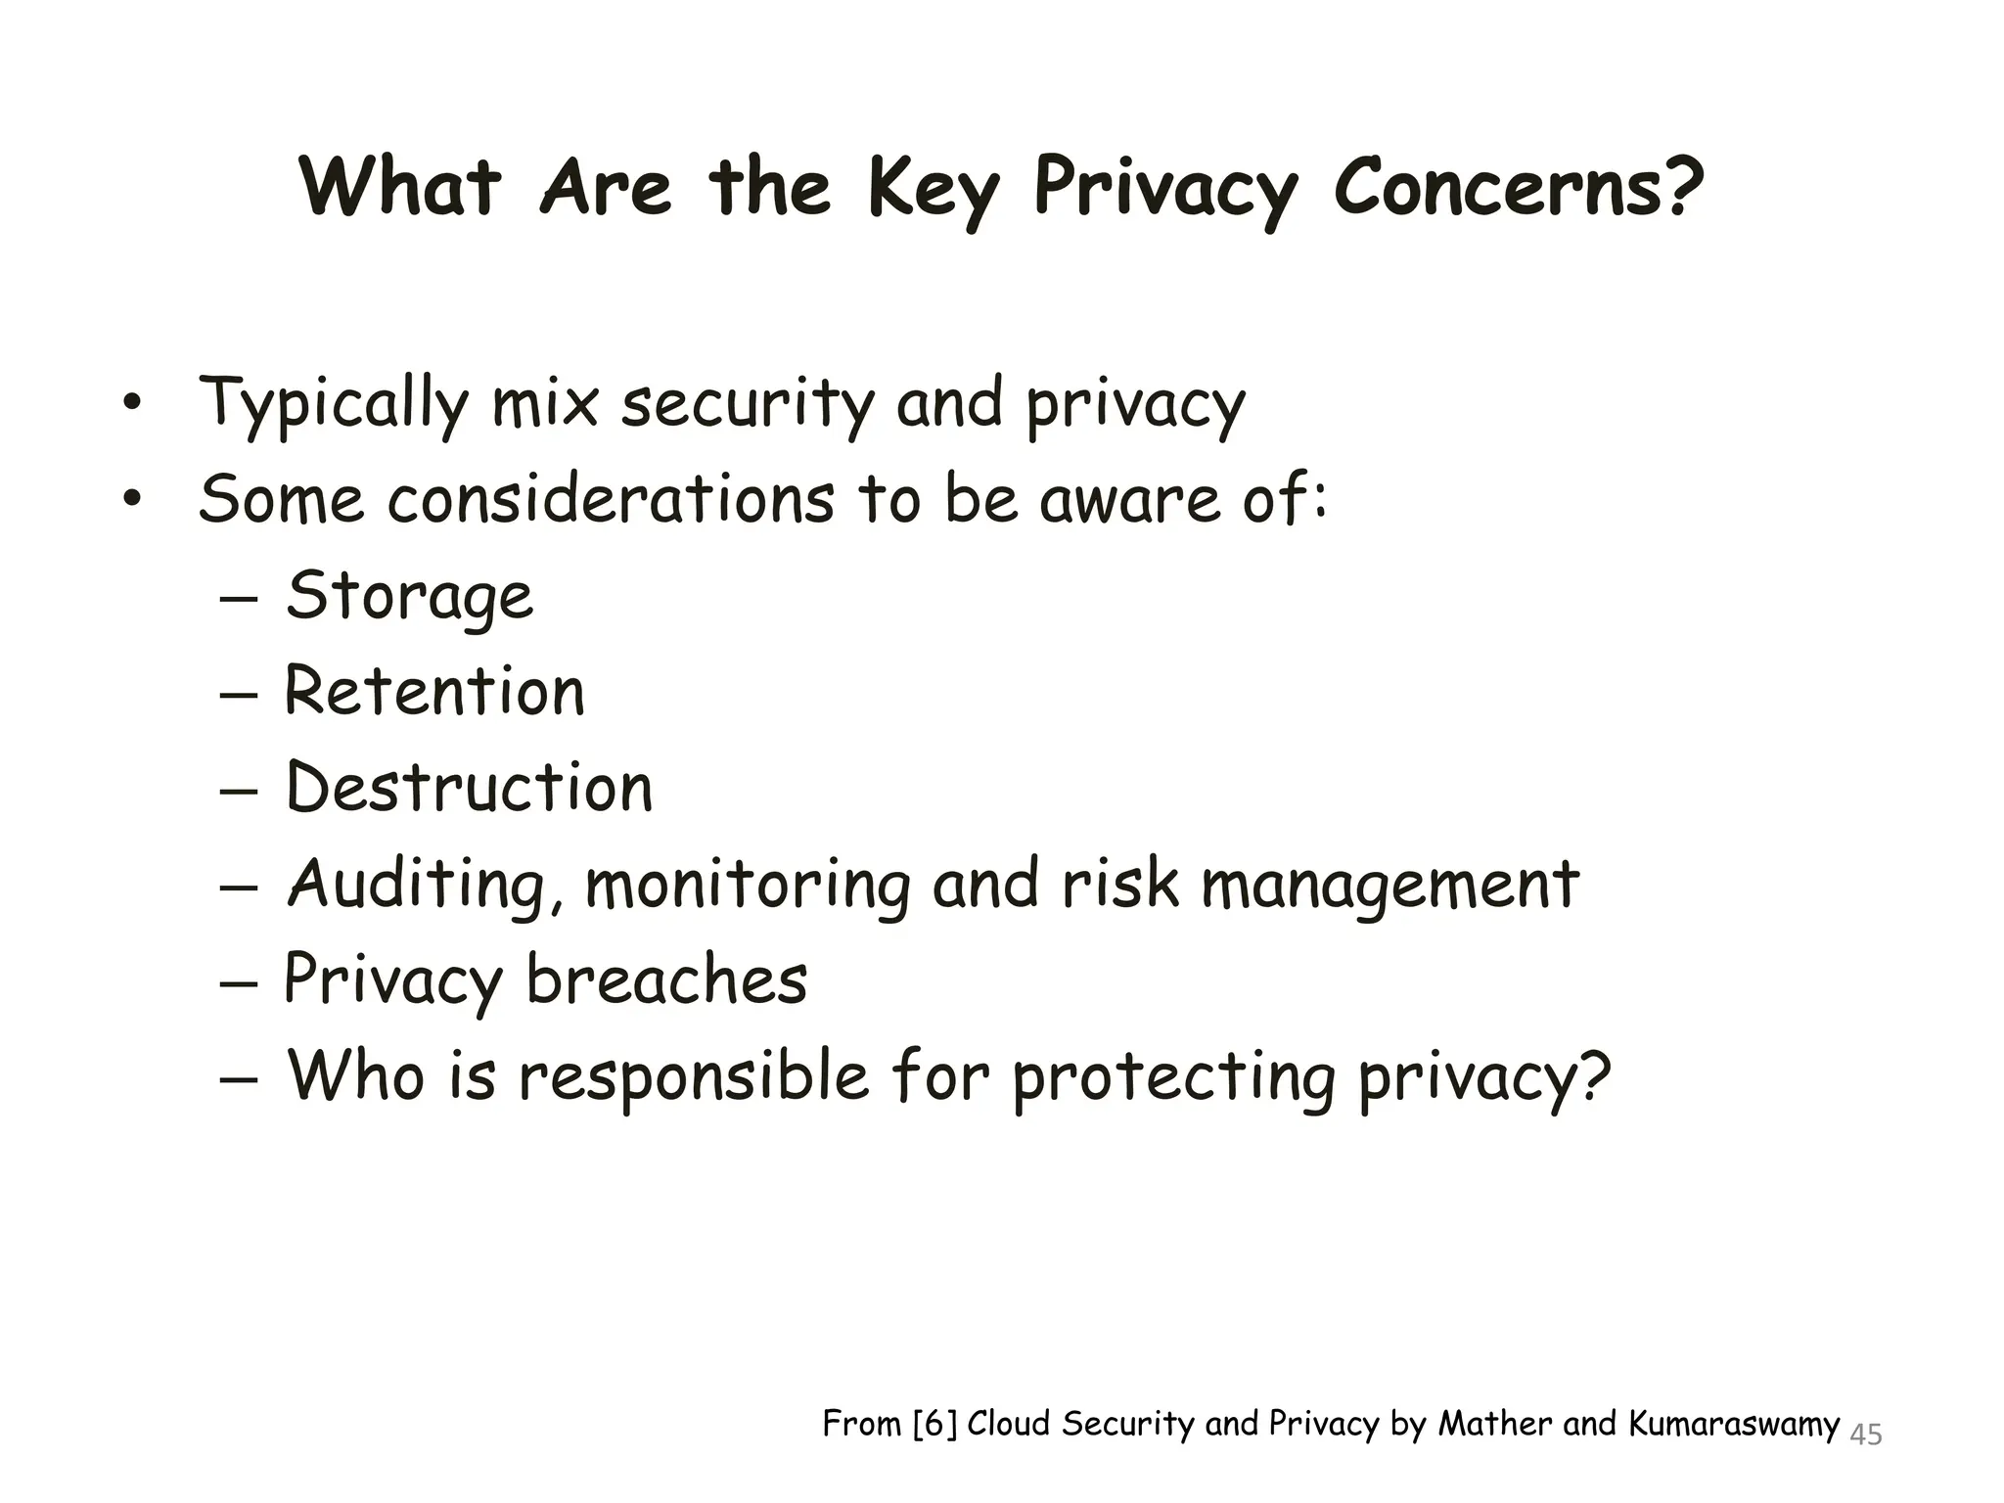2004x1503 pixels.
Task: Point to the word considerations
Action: (611, 498)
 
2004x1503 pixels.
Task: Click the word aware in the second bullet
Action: (1129, 498)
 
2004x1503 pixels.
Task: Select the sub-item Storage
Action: (410, 596)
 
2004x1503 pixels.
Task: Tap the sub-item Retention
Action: (434, 691)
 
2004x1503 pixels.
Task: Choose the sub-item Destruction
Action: (469, 787)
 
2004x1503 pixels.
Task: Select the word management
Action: (1389, 885)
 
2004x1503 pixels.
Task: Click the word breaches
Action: (666, 979)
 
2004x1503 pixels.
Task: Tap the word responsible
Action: (693, 1076)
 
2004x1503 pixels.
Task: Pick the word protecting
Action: (1173, 1076)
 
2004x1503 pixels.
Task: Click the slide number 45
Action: (1866, 1435)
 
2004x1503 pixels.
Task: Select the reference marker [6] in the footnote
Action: (934, 1424)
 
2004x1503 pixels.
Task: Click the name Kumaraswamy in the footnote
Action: (1734, 1424)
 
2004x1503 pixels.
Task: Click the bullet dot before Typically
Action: (132, 403)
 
